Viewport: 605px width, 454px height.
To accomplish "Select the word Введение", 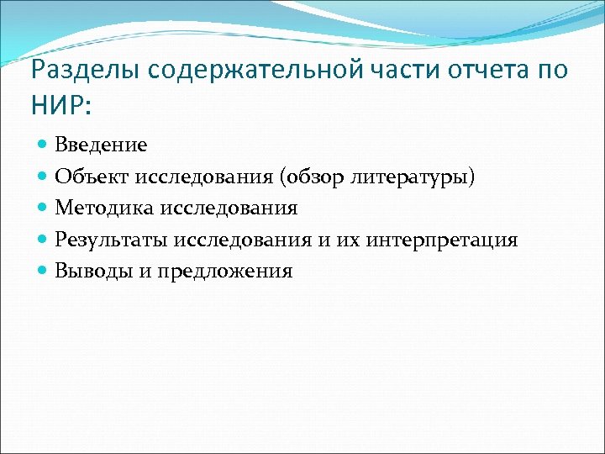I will (x=101, y=145).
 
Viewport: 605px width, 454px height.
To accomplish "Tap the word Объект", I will (x=89, y=177).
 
